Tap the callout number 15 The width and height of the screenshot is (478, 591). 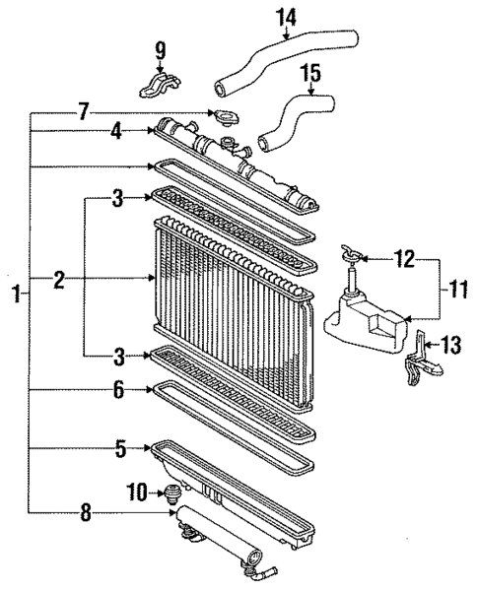click(309, 73)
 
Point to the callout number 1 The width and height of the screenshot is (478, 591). click(15, 294)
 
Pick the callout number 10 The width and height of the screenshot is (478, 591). click(135, 491)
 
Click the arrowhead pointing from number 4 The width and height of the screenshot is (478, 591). click(151, 130)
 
